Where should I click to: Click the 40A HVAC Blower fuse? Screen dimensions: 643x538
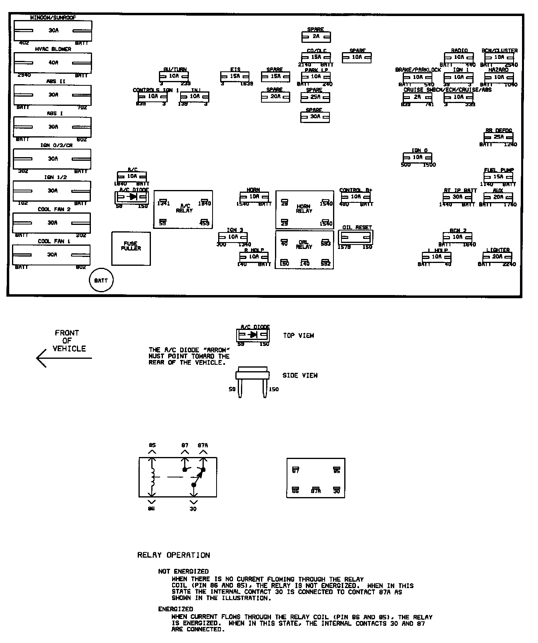(x=53, y=63)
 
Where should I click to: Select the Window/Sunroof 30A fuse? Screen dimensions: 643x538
(x=53, y=30)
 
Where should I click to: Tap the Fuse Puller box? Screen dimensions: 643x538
(x=131, y=248)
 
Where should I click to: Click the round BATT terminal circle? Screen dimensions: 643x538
(x=101, y=281)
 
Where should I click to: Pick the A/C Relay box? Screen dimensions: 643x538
(x=183, y=209)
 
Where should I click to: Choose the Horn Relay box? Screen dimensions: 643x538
(x=304, y=210)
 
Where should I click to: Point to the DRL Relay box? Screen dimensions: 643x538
(x=304, y=249)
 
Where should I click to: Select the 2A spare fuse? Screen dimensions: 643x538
(x=316, y=37)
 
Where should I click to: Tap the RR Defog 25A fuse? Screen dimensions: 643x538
(x=498, y=137)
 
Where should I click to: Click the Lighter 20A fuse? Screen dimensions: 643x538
(x=498, y=257)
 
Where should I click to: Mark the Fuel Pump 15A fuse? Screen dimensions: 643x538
(x=498, y=177)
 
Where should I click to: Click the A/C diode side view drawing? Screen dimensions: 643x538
(x=252, y=381)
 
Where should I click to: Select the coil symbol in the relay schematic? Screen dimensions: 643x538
(x=152, y=477)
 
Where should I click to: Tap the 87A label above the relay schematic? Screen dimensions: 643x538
(x=203, y=445)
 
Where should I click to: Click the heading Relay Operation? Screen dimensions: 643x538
(x=173, y=555)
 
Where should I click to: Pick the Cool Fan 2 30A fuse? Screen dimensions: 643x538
(x=52, y=222)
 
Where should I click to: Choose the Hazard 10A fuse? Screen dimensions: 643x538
(x=499, y=77)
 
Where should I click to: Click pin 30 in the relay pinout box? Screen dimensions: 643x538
(x=336, y=490)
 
